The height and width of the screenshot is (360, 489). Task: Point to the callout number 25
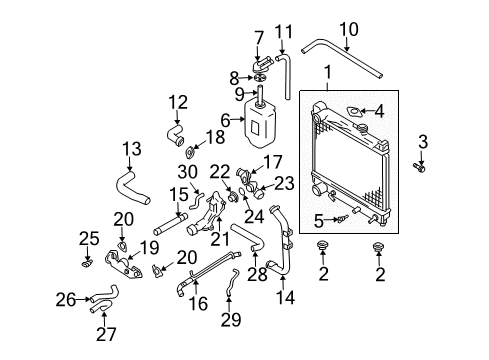tap(89, 238)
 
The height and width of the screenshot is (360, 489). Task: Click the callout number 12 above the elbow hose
tap(178, 101)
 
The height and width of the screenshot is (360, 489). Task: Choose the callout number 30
tap(190, 171)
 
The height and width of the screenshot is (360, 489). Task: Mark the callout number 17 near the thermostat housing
tap(272, 161)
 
